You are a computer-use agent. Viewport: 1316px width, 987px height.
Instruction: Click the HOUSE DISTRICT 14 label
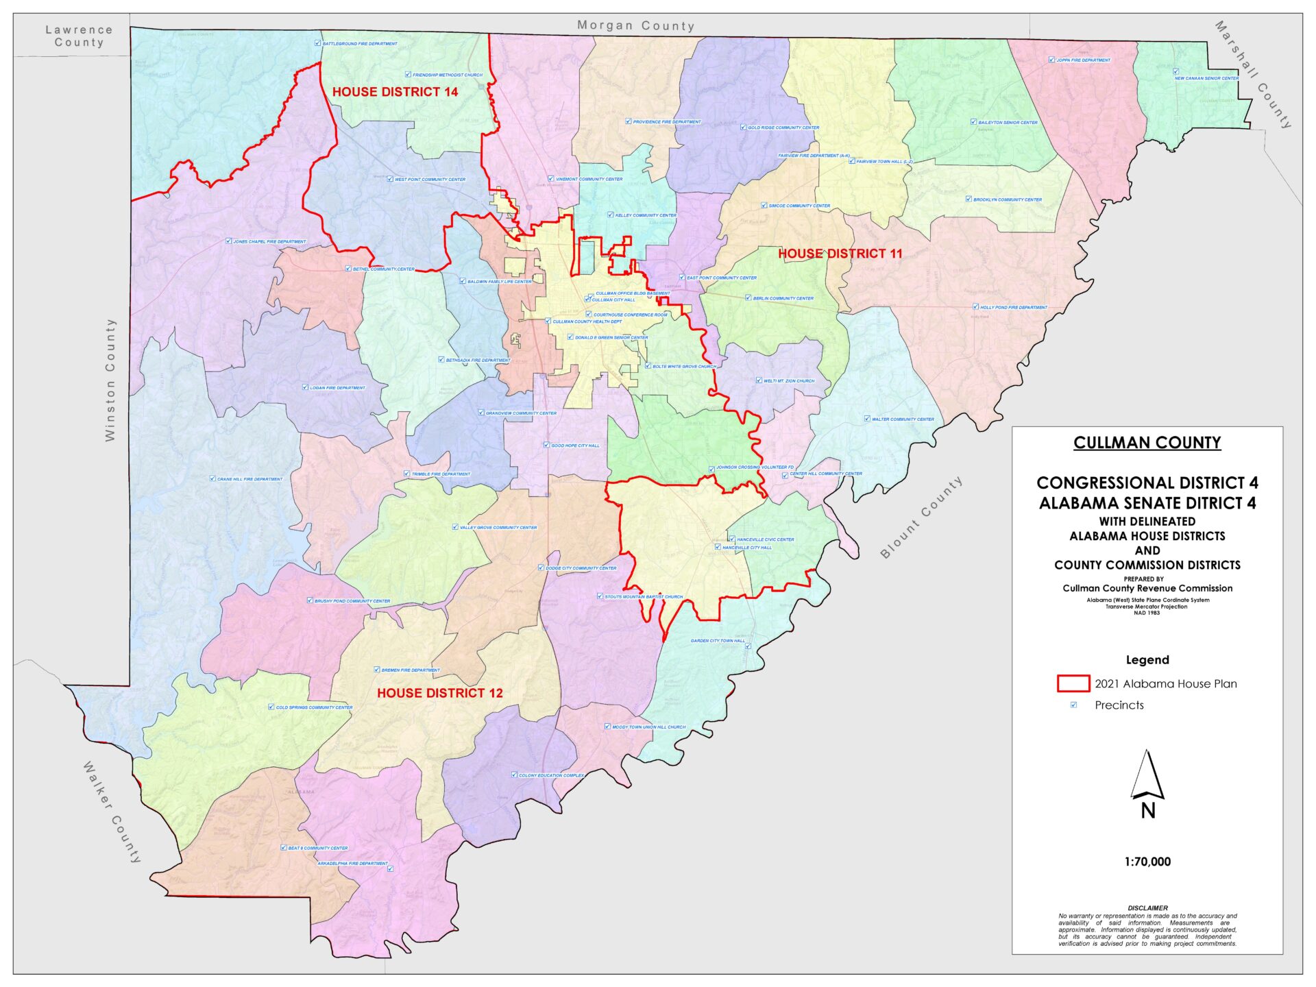pyautogui.click(x=395, y=92)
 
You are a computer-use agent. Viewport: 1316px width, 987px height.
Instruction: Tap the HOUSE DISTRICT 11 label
pyautogui.click(x=840, y=254)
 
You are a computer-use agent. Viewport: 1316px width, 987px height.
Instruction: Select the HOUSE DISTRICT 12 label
pyautogui.click(x=439, y=693)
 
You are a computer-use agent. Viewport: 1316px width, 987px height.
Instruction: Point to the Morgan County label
pyautogui.click(x=635, y=26)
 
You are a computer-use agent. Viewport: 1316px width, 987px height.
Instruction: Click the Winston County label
pyautogui.click(x=110, y=380)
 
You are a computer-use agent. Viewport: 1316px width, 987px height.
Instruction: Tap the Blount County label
pyautogui.click(x=921, y=517)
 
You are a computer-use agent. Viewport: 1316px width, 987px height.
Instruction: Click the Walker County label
pyautogui.click(x=112, y=812)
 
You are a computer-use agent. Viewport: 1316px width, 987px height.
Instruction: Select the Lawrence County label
pyautogui.click(x=79, y=36)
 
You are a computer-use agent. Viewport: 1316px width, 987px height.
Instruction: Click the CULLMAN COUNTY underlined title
pyautogui.click(x=1147, y=443)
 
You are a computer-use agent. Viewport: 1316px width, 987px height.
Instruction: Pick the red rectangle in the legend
pyautogui.click(x=1073, y=683)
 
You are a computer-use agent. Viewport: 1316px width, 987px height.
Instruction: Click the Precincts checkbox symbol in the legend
pyautogui.click(x=1073, y=705)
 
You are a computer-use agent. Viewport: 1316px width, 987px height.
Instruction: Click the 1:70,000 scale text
pyautogui.click(x=1147, y=862)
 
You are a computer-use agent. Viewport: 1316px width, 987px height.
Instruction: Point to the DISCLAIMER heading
pyautogui.click(x=1147, y=907)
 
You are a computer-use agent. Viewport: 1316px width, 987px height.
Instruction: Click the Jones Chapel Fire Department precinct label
pyautogui.click(x=269, y=241)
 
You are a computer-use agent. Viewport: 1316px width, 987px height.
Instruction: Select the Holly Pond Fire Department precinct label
pyautogui.click(x=1013, y=307)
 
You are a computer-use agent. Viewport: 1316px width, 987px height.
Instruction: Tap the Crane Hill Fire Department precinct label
pyautogui.click(x=249, y=479)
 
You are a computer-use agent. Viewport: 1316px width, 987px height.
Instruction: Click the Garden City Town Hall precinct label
pyautogui.click(x=717, y=641)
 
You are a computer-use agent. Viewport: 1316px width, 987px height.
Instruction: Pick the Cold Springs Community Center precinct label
pyautogui.click(x=313, y=707)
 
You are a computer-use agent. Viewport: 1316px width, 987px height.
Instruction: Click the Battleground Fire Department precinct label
pyautogui.click(x=359, y=43)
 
